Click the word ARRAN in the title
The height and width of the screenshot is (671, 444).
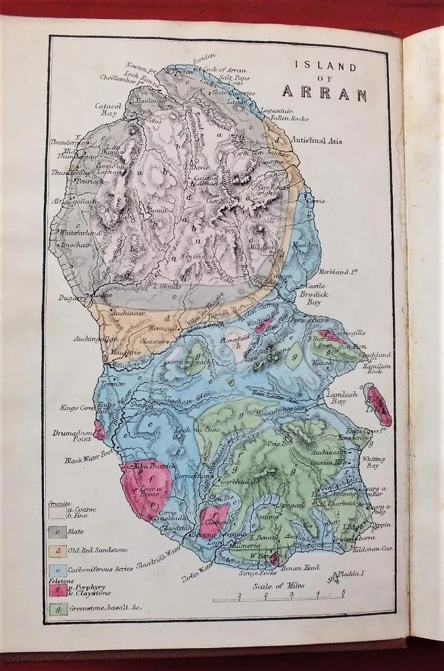324,92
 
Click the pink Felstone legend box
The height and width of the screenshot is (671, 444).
57,590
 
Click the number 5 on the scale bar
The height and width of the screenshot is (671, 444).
343,595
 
